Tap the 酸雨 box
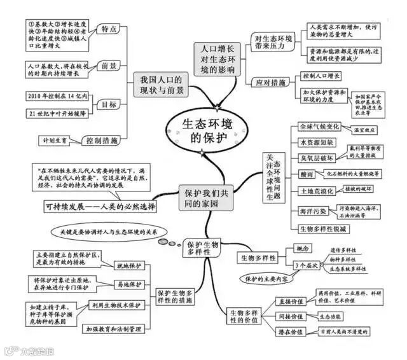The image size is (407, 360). (306, 174)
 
